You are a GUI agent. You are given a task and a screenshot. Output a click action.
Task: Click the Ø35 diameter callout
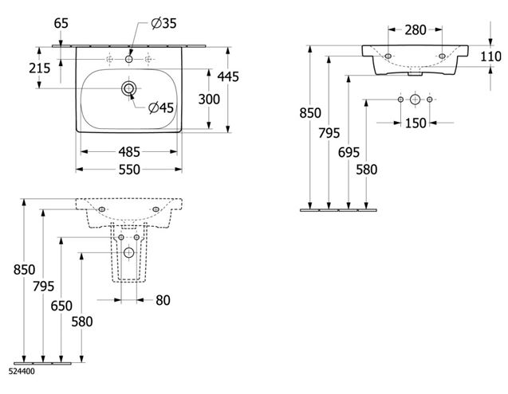pyautogui.click(x=164, y=23)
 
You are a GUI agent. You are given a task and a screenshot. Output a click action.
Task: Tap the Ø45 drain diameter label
pyautogui.click(x=161, y=107)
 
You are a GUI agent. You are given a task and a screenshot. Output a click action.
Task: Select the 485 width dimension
pyautogui.click(x=129, y=152)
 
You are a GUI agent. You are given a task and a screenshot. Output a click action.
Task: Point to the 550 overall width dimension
pyautogui.click(x=129, y=170)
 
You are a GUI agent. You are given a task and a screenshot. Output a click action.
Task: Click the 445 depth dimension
pyautogui.click(x=228, y=76)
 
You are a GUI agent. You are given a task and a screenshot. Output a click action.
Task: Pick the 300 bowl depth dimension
pyautogui.click(x=209, y=99)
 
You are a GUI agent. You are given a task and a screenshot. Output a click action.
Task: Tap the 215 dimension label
pyautogui.click(x=40, y=68)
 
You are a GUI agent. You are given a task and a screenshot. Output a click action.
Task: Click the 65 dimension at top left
pyautogui.click(x=61, y=23)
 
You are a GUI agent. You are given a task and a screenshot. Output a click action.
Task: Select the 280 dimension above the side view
pyautogui.click(x=415, y=30)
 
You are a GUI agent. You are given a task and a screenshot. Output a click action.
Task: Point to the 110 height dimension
pyautogui.click(x=490, y=57)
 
